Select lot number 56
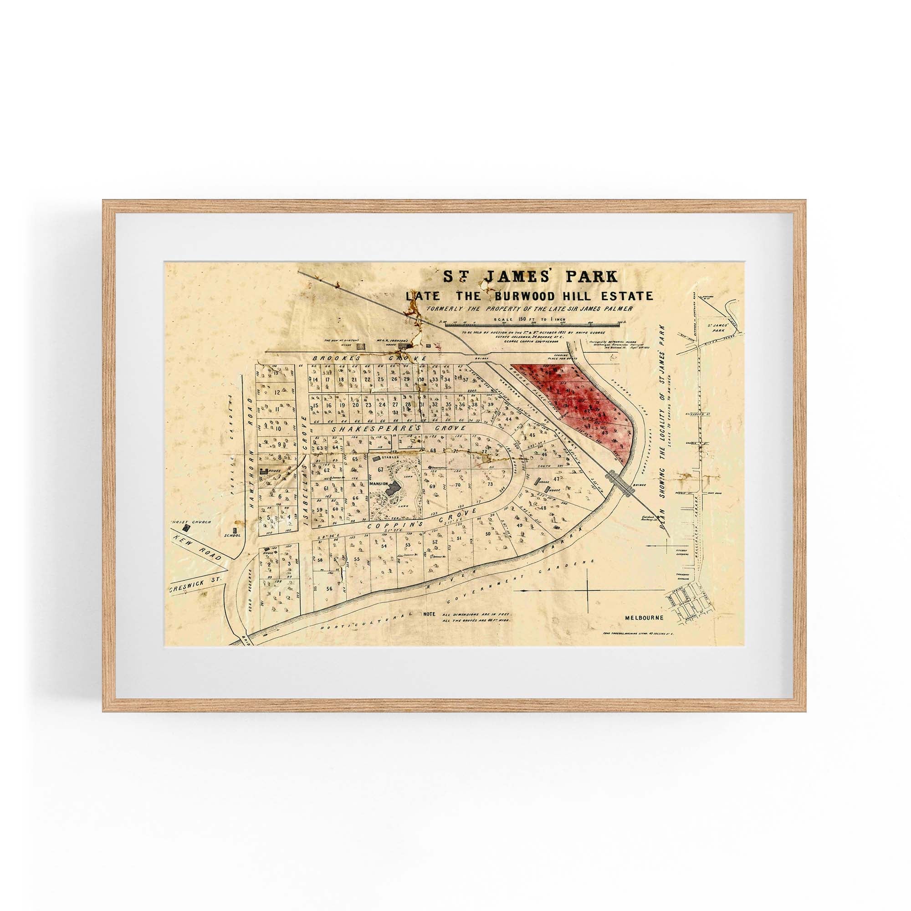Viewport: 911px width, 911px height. pos(329,589)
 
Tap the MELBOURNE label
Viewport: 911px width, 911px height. pos(644,618)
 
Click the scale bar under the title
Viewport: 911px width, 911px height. pos(533,325)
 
